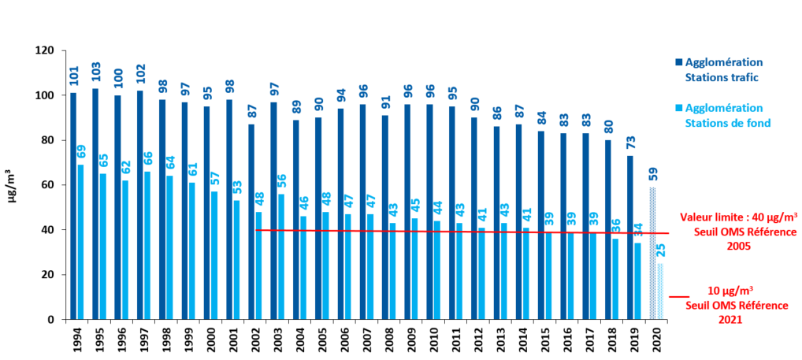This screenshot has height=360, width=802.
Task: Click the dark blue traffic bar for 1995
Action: (95, 204)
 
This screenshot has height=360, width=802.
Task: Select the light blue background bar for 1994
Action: (80, 242)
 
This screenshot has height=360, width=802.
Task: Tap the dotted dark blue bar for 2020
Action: (652, 253)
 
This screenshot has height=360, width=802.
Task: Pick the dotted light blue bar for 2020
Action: (660, 291)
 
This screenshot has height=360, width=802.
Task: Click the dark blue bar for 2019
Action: (630, 238)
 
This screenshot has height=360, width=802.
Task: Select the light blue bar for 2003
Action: (280, 257)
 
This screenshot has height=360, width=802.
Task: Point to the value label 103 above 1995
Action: (95, 74)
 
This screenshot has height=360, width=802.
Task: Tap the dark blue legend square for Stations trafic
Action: (679, 63)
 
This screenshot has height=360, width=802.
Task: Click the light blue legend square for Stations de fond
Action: (679, 109)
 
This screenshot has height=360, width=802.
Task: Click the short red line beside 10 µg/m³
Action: (679, 297)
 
